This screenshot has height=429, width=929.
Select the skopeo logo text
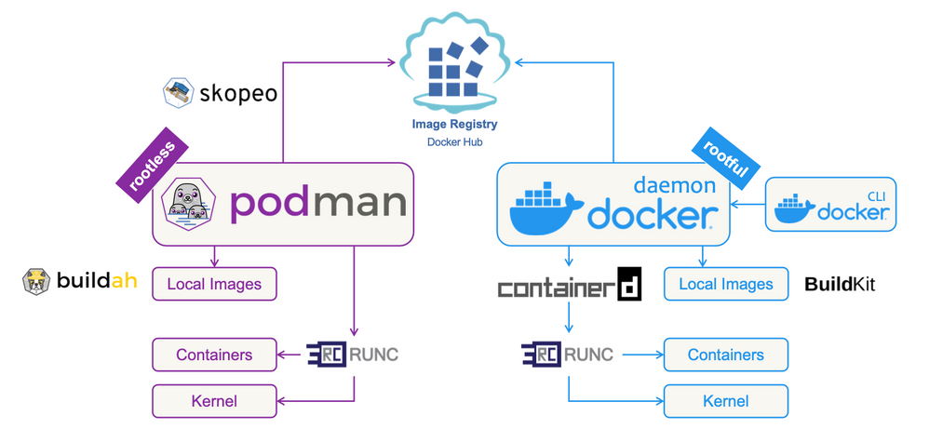[236, 93]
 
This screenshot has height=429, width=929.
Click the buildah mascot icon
[35, 282]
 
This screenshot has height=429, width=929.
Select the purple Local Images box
[214, 284]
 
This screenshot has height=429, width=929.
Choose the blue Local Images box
[725, 284]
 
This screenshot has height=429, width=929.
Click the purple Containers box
[214, 355]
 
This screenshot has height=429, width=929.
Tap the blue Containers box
[725, 355]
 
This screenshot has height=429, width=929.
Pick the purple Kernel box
[214, 401]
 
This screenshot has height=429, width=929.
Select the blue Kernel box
[725, 401]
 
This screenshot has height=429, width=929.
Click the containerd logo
[569, 287]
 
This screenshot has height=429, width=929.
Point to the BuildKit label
[840, 284]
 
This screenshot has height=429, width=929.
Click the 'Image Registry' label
[454, 124]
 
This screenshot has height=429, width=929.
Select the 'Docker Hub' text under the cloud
[454, 142]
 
